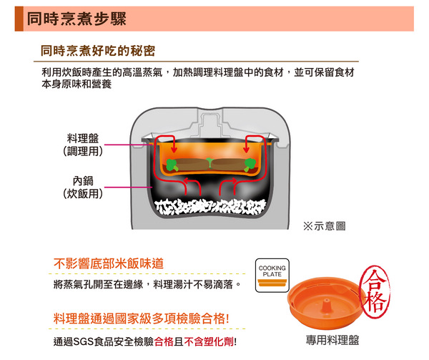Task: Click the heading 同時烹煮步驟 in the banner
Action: [x=77, y=19]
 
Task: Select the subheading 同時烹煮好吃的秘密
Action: [x=98, y=51]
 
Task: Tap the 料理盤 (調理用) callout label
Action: [x=83, y=145]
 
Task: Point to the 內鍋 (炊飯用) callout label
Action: [x=83, y=188]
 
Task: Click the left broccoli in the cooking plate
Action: [x=172, y=165]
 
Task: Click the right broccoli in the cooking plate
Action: [x=250, y=165]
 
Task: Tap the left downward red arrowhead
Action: [x=174, y=150]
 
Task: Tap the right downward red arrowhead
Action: [x=246, y=150]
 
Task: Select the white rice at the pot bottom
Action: [x=210, y=207]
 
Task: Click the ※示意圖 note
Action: [x=324, y=226]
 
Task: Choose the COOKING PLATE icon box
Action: [x=272, y=276]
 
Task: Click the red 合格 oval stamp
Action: [x=375, y=292]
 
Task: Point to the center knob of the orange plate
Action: [x=325, y=305]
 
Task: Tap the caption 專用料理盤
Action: [x=332, y=340]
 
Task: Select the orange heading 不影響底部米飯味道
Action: [x=109, y=263]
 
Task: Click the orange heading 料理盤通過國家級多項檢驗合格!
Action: [x=141, y=318]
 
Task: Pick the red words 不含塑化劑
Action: [x=209, y=341]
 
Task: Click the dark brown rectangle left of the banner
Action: [x=19, y=19]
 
